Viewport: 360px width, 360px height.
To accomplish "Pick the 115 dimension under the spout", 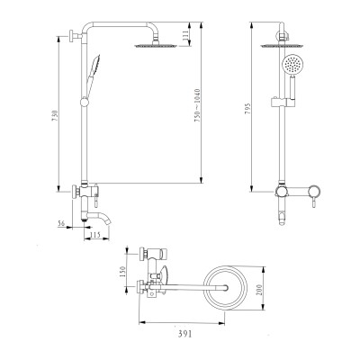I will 95,235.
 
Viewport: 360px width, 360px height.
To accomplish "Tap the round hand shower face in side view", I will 291,66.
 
